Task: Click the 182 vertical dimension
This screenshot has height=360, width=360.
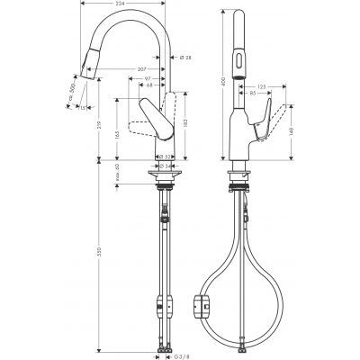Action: pyautogui.click(x=184, y=122)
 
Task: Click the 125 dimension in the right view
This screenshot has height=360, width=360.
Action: pyautogui.click(x=262, y=85)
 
